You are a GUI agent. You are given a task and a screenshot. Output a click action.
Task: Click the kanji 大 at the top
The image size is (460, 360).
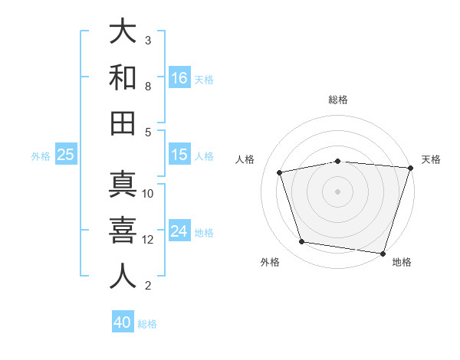point(123,32)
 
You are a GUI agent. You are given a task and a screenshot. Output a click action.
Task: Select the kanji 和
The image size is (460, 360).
point(123,78)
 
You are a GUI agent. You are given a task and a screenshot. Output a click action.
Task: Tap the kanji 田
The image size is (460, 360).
point(123,123)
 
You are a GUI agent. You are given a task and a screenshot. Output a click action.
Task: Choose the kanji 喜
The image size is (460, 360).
point(123,231)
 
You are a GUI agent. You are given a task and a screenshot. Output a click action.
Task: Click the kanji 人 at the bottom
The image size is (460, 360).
point(123,276)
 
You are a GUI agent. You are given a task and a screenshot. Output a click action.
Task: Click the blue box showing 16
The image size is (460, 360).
point(179,78)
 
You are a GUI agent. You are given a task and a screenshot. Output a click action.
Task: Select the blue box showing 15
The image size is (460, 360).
point(179,155)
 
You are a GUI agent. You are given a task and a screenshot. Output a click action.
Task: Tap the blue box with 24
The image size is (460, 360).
point(179,231)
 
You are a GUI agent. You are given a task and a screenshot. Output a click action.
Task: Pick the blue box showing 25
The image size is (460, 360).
point(66,155)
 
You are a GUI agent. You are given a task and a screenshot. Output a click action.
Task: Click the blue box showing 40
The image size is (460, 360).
point(123,322)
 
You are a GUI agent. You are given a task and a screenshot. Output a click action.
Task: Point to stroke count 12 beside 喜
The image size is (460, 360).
point(148,240)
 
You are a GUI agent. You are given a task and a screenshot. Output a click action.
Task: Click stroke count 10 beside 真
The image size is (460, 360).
point(148,194)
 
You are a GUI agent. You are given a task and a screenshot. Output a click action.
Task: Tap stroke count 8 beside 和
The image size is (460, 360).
point(148,87)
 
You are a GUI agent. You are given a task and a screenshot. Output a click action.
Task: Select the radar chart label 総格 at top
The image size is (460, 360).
point(338,100)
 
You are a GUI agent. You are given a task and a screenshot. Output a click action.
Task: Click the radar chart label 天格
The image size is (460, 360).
point(431,159)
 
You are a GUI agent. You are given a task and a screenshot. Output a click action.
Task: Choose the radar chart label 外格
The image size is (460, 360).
point(270,262)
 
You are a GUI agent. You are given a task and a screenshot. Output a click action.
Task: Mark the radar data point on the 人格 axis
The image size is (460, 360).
point(280,172)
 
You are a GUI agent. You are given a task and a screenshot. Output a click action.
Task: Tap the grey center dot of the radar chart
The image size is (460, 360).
point(337,191)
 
